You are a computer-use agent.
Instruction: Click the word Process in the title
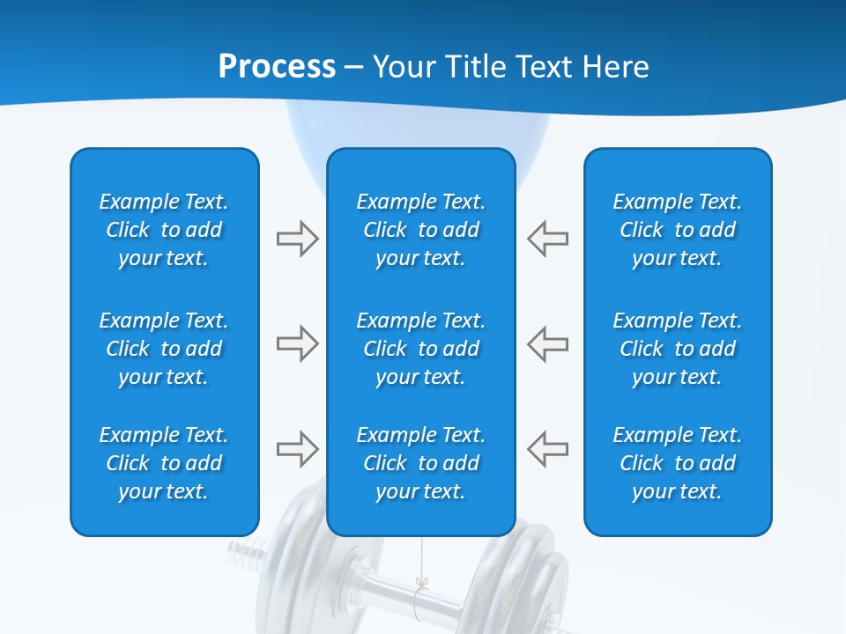(276, 66)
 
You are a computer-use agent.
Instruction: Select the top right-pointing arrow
(297, 239)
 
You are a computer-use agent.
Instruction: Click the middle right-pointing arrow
(297, 343)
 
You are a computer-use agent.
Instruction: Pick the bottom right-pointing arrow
(297, 449)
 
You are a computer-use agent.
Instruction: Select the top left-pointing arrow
(547, 239)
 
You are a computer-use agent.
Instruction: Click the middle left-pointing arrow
(547, 343)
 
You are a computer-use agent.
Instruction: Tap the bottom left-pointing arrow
(547, 449)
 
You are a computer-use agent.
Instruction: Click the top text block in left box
(164, 230)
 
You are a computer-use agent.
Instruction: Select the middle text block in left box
(164, 349)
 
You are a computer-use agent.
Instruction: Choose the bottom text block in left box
(164, 463)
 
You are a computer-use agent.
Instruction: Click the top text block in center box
(421, 230)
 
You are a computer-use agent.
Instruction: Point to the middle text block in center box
(421, 349)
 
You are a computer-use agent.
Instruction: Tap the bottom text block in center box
(421, 463)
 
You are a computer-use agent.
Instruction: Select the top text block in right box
(678, 230)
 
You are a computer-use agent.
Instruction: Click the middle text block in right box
(678, 349)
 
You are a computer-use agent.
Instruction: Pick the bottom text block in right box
(678, 463)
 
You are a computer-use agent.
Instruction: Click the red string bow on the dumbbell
(422, 583)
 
